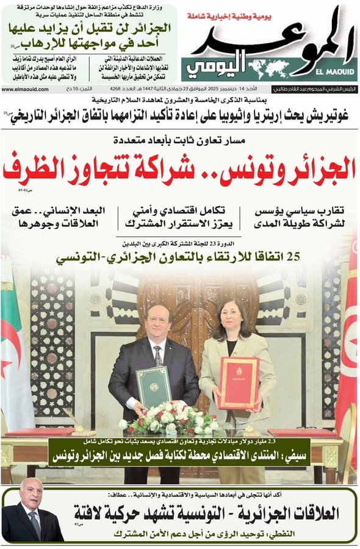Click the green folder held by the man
pos(153,386)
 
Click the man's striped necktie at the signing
pos(158,356)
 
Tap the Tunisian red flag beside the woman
pos(348,342)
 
